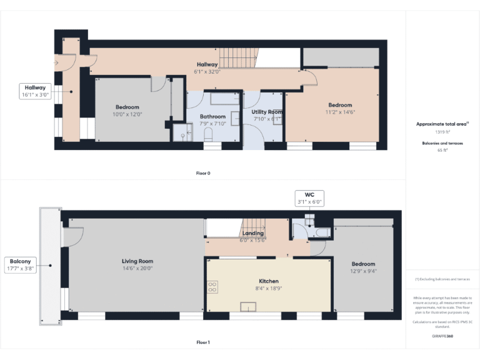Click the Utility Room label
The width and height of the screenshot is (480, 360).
point(267,112)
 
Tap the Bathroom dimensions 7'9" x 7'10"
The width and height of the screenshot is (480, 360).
point(212,123)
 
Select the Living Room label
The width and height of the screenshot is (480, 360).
point(137,261)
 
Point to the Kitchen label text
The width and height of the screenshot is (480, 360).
point(269,281)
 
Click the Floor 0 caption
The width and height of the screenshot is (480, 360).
point(202,173)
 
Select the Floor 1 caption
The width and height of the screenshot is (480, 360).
point(202,342)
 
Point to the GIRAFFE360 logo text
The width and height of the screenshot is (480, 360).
point(442,336)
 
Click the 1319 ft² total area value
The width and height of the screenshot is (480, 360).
point(442,132)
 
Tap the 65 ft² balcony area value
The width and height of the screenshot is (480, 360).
point(442,151)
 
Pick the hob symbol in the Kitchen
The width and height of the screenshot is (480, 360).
point(212,287)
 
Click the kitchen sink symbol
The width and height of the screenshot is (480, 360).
point(249,306)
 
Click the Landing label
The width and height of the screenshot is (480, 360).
point(253,234)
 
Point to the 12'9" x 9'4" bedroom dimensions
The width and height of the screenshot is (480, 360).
point(363,271)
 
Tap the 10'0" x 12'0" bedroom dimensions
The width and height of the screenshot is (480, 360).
point(127,114)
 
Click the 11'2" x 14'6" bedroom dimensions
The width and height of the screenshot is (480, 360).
point(340,112)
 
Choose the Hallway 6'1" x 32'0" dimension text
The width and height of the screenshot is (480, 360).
point(207,72)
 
